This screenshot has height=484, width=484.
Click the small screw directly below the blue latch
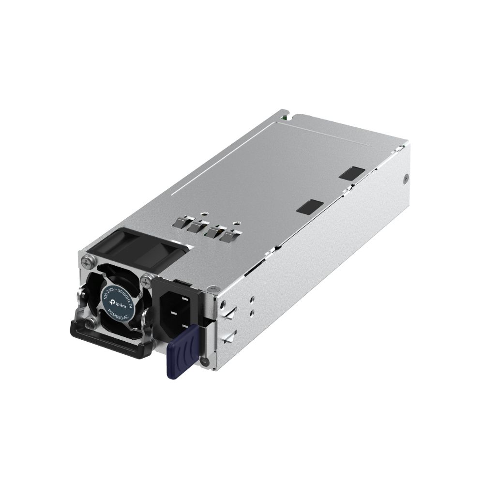(x=205, y=360)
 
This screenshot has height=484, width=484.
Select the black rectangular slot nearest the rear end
(x=352, y=173)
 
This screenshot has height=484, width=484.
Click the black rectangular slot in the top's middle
(x=309, y=207)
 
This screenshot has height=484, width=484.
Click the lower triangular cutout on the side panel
(x=228, y=336)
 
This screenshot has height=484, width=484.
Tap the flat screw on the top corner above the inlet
(x=211, y=288)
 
